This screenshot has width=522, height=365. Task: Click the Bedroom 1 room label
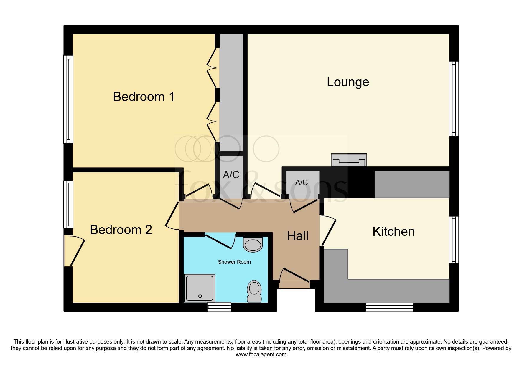coord(144,97)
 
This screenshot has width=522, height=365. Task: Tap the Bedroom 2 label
coord(121,230)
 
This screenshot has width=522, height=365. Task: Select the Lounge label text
coord(348,82)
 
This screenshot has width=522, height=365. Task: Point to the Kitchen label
coord(393,232)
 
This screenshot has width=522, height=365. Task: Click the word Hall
coord(298,236)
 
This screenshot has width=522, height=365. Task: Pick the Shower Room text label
coord(234,262)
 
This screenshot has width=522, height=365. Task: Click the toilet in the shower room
coord(254,291)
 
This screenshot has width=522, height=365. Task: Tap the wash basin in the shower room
coord(253,245)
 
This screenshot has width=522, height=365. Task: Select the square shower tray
coord(200,288)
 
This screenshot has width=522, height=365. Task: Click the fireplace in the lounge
coord(349,160)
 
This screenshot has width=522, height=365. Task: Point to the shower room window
coord(219,307)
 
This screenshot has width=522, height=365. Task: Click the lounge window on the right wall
coord(454,99)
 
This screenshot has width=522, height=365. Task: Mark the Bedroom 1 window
coord(68,99)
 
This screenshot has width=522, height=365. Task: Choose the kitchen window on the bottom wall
coord(389,307)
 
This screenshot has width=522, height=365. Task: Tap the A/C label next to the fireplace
coord(302,183)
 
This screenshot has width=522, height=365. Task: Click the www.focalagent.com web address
coord(261,354)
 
